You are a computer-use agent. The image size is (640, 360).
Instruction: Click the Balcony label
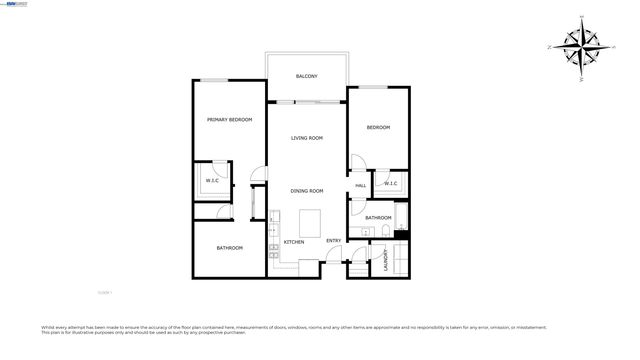pos(307,76)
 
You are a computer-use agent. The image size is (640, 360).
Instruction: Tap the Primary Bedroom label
pos(229,120)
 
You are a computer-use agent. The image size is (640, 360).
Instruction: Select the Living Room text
pos(307,138)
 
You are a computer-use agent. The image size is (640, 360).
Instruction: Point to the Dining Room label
pos(307,191)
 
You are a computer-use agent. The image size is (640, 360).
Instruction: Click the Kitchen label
pos(294,242)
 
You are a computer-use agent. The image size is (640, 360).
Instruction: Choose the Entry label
pos(333,240)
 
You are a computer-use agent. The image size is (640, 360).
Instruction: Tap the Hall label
pos(360,185)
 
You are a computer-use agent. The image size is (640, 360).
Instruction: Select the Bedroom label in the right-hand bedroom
pos(378,127)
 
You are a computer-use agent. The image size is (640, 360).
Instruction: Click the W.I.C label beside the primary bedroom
pos(213,181)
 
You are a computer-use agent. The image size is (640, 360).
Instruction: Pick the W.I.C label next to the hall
pos(390,183)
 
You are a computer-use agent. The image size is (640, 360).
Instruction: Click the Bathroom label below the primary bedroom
pos(230,248)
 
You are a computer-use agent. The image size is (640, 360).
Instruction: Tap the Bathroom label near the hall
pos(378,217)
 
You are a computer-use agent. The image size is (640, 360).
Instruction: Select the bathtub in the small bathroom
pos(402,218)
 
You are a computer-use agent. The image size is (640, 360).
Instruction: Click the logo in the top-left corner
pos(15,4)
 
